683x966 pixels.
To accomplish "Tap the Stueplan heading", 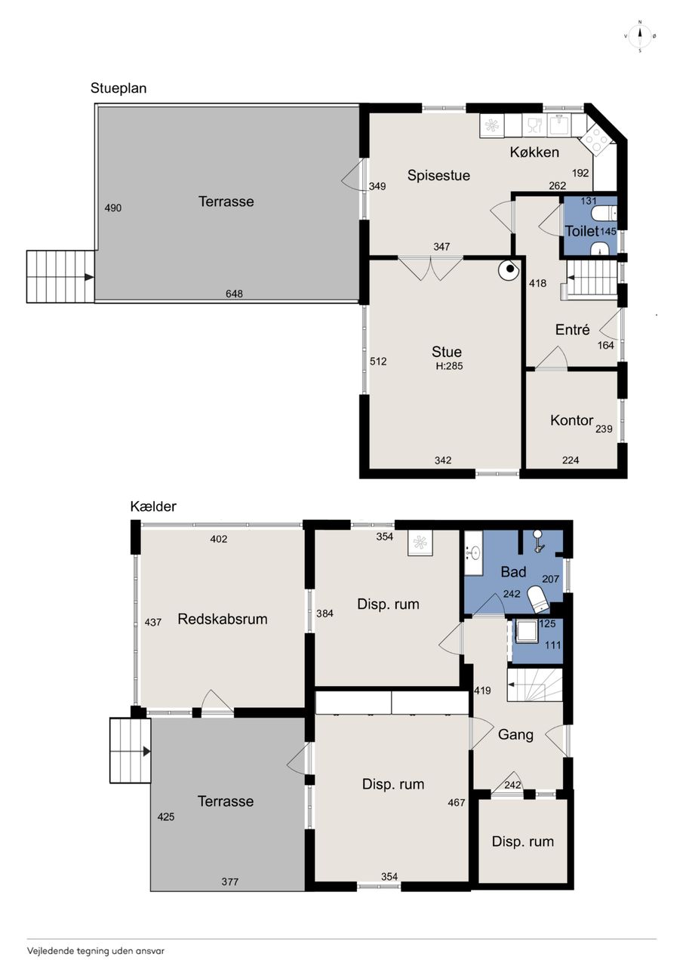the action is click(x=118, y=88).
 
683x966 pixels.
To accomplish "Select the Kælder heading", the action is click(x=153, y=506).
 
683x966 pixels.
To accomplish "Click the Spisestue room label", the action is click(x=438, y=176).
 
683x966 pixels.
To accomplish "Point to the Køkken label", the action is click(x=534, y=152).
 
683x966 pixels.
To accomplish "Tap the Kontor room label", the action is click(x=572, y=420).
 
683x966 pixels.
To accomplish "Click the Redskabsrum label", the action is click(x=223, y=620).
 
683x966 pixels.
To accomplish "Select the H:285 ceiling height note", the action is click(x=449, y=366).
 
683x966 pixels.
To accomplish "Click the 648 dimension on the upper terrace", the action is click(x=234, y=294).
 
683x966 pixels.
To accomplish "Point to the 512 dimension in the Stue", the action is click(x=378, y=361).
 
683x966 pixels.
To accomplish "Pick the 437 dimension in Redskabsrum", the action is click(x=153, y=623).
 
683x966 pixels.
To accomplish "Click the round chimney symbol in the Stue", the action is click(x=509, y=269).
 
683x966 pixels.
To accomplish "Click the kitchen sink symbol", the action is click(x=559, y=125).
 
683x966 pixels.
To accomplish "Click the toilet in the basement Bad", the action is click(x=539, y=599).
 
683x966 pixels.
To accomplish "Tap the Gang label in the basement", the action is click(x=515, y=735).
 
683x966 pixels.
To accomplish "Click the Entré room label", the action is click(x=572, y=330).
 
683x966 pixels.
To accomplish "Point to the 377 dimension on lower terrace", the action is click(x=230, y=882).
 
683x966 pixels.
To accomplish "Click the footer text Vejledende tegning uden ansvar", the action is click(x=96, y=951).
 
